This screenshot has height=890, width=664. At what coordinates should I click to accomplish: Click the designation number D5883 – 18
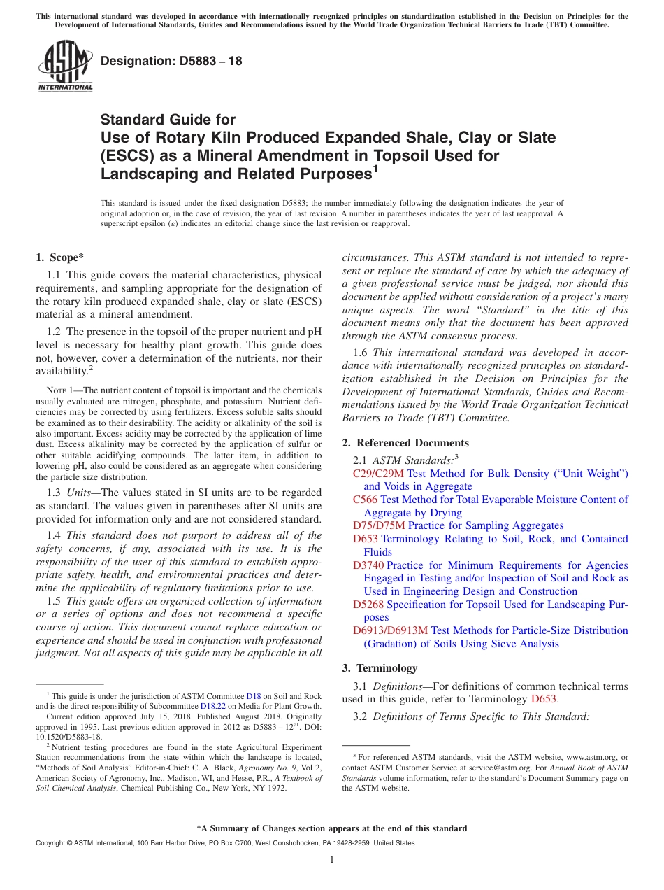tap(171, 61)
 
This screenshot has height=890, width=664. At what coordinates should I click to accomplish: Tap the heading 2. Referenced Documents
tap(405, 443)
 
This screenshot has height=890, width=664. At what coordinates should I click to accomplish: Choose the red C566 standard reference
tap(365, 500)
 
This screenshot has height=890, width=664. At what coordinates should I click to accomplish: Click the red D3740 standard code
tap(368, 565)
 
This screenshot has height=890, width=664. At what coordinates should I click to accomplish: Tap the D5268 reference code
tap(368, 605)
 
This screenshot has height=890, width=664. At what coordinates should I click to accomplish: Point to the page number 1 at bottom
tap(332, 860)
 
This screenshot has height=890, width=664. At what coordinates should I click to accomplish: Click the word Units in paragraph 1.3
tap(80, 493)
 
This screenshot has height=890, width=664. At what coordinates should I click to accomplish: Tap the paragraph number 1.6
tap(361, 353)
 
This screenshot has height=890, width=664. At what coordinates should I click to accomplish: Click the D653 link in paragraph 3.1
tap(543, 699)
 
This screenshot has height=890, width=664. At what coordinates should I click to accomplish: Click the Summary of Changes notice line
tap(332, 828)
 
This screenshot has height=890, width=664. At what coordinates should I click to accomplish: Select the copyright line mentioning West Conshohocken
tap(224, 843)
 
